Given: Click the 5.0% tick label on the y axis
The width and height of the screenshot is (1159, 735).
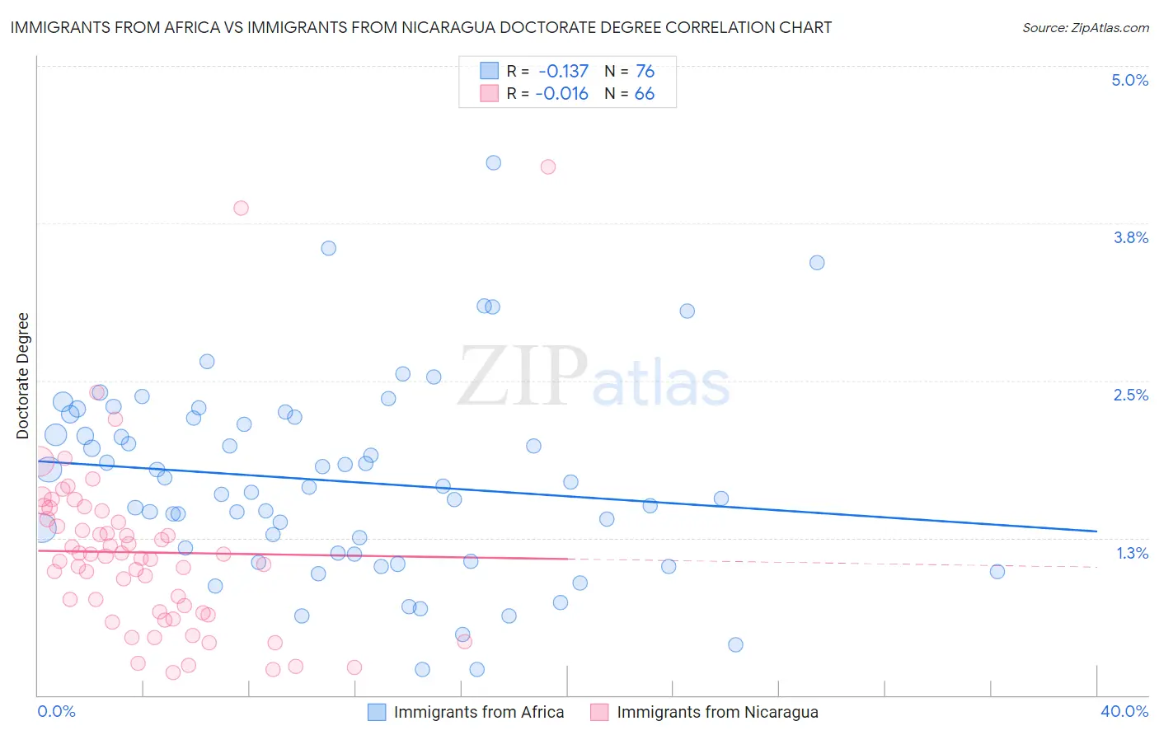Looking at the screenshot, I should coord(1129,80).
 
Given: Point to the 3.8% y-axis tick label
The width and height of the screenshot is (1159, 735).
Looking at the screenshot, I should coord(1130,237).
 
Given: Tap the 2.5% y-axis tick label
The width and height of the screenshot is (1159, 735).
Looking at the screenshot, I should coord(1130,395).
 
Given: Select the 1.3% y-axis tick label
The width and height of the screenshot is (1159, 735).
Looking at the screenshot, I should coord(1132,553).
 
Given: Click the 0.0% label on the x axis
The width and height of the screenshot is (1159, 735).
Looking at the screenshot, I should coord(56,711).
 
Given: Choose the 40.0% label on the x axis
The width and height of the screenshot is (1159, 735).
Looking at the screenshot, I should coord(1124,711).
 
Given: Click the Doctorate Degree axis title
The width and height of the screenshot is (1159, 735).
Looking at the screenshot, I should coord(23,376).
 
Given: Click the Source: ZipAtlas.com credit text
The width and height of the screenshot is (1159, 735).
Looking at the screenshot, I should coord(1085,27).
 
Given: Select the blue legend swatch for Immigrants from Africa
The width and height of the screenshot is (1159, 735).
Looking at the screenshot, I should coord(377,712).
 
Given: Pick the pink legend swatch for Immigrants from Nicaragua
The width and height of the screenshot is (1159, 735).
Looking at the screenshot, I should coord(599,712).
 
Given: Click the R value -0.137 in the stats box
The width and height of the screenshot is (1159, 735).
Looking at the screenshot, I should coord(563,71).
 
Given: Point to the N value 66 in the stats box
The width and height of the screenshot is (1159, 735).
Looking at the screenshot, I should coord(644,94).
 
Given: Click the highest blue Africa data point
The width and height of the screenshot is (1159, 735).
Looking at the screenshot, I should coord(494,162).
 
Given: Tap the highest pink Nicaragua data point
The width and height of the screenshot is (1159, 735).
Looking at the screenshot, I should coord(548,166).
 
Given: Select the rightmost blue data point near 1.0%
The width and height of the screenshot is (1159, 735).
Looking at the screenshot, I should coord(997,571).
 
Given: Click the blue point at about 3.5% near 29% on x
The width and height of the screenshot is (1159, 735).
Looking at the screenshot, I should coord(817,263).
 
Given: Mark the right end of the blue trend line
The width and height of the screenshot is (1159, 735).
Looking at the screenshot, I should coord(1096,531).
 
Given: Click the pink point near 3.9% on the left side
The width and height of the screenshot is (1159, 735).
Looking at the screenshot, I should coord(241,208).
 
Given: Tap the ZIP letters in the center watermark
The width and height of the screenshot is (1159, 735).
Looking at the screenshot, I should coord(523,377).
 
